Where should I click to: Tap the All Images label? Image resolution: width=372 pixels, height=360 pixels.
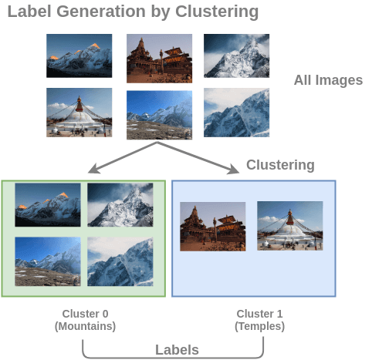328,80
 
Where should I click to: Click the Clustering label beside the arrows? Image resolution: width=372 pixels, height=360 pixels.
280,165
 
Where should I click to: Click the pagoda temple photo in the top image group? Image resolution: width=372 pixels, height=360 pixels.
159,58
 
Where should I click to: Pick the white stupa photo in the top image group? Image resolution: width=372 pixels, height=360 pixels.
79,113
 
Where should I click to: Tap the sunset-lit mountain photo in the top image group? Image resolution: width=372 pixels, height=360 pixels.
79,56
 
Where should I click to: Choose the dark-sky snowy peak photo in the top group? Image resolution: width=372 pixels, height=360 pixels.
236,55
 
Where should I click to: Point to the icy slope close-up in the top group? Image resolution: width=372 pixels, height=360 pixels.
236,113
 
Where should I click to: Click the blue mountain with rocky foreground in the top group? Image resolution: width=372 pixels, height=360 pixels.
159,114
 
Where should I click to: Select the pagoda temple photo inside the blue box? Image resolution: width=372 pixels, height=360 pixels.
212,226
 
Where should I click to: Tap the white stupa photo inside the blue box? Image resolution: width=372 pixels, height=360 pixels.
289,225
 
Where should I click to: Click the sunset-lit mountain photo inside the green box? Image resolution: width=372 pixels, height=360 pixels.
48,204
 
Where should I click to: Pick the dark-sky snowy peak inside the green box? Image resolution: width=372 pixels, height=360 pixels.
120,204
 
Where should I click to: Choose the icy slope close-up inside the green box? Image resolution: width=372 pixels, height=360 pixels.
120,261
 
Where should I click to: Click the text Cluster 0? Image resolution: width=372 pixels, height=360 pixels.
85,314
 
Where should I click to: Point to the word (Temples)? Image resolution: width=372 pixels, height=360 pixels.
259,326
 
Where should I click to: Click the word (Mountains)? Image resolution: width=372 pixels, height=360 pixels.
85,326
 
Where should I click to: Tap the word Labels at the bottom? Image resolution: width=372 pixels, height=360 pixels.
177,349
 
